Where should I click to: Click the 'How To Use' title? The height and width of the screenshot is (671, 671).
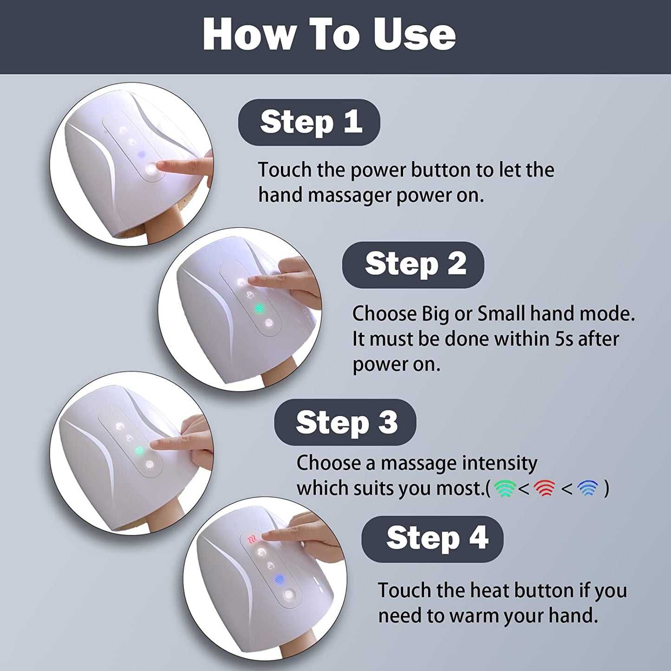coord(329,35)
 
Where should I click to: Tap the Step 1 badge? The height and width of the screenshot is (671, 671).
coord(309,122)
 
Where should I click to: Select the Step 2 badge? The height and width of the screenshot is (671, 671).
coord(413,265)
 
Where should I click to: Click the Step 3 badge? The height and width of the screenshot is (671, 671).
coord(345,423)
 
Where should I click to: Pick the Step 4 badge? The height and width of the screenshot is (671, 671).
coord(432,539)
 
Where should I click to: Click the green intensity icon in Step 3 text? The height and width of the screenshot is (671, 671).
coord(505,489)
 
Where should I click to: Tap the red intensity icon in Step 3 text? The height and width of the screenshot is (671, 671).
coord(544,489)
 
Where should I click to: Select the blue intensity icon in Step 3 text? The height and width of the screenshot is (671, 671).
coord(587,489)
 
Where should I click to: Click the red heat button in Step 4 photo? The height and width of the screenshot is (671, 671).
coord(251,540)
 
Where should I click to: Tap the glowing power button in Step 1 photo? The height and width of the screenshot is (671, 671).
coord(151,170)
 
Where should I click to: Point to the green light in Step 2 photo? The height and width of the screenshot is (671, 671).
coord(259,308)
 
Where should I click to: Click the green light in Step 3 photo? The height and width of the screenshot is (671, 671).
coord(139,450)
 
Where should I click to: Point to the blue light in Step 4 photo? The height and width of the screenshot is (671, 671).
coord(280,579)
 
